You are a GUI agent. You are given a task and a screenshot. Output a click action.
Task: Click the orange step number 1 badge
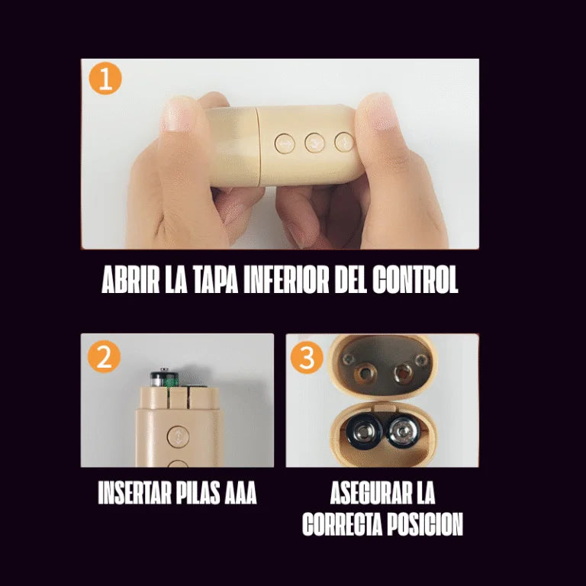105,79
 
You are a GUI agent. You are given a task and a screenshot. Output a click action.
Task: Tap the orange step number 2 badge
104,356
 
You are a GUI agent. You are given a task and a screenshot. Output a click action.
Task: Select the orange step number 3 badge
307,356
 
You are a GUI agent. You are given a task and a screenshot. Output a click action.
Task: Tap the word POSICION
427,525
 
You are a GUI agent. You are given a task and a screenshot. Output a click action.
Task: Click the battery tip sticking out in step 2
162,376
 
